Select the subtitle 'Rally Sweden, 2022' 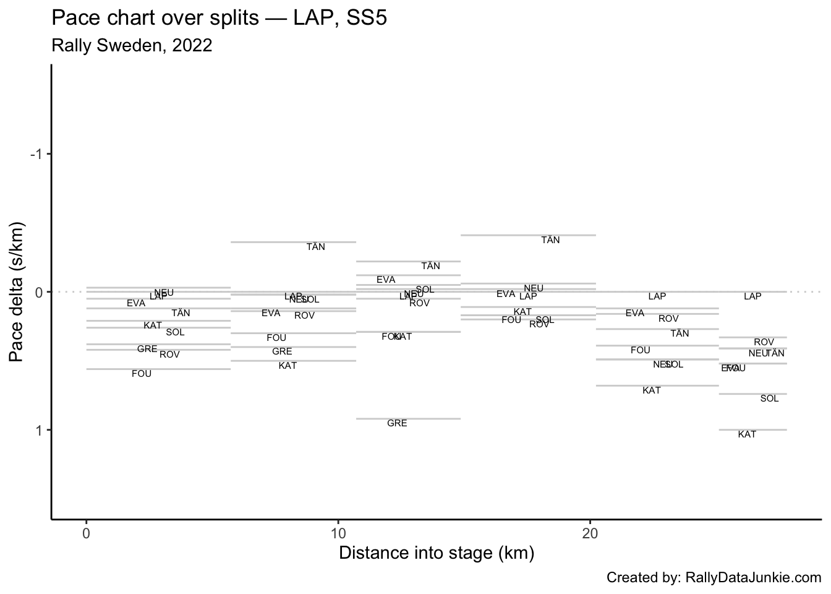pyautogui.click(x=132, y=46)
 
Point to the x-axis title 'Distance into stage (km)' pyautogui.click(x=436, y=553)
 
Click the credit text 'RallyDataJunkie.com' pyautogui.click(x=754, y=578)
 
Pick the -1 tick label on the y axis pyautogui.click(x=36, y=154)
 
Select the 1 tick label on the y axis pyautogui.click(x=40, y=430)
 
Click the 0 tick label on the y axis pyautogui.click(x=40, y=292)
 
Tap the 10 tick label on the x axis pyautogui.click(x=338, y=533)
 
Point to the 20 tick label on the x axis pyautogui.click(x=590, y=533)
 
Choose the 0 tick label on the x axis pyautogui.click(x=87, y=533)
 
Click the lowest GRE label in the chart pyautogui.click(x=397, y=424)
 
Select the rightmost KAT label pyautogui.click(x=747, y=434)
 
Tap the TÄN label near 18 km pyautogui.click(x=550, y=240)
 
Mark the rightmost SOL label pyautogui.click(x=769, y=398)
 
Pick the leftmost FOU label pyautogui.click(x=142, y=374)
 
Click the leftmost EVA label pyautogui.click(x=136, y=303)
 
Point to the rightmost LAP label pyautogui.click(x=752, y=296)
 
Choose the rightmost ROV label pyautogui.click(x=764, y=342)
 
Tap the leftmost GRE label pyautogui.click(x=147, y=349)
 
